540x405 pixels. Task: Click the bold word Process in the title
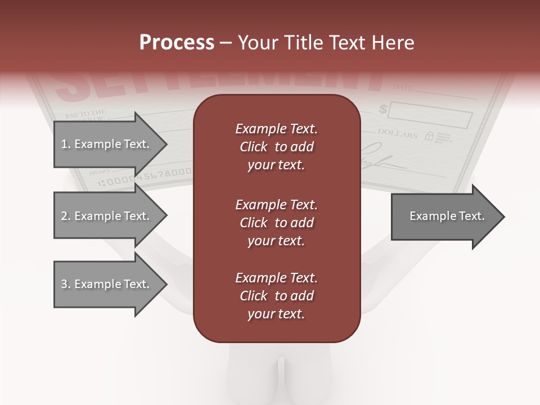pyautogui.click(x=177, y=42)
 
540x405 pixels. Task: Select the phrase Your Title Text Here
pyautogui.click(x=326, y=42)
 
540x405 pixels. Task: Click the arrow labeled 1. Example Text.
pyautogui.click(x=107, y=144)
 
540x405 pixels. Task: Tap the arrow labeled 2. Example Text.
pyautogui.click(x=107, y=216)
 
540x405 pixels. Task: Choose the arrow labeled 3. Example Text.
pyautogui.click(x=107, y=284)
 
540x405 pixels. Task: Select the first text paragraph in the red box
pyautogui.click(x=276, y=147)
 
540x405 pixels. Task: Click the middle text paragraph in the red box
pyautogui.click(x=276, y=222)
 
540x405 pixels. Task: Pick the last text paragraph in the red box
pyautogui.click(x=276, y=296)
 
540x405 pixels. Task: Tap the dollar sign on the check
pyautogui.click(x=383, y=109)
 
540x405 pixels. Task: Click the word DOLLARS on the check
pyautogui.click(x=398, y=134)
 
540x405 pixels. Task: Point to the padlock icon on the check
pyautogui.click(x=429, y=136)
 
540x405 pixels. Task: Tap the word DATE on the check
pyautogui.click(x=403, y=88)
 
